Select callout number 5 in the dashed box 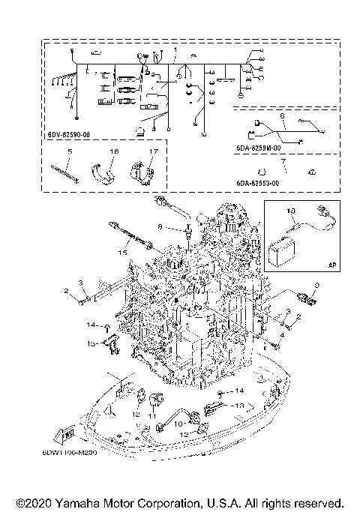pos(69,151)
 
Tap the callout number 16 pos(114,151)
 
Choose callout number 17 pos(151,151)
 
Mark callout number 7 pos(281,160)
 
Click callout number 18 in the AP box pos(292,211)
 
